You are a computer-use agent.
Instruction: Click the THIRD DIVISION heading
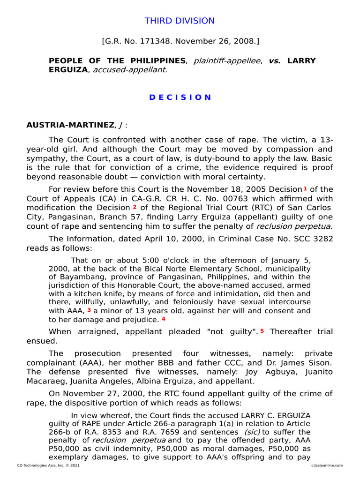click(x=180, y=21)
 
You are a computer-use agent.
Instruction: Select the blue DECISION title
click(x=180, y=97)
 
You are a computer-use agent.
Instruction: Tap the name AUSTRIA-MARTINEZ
click(x=69, y=126)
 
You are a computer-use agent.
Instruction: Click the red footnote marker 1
click(x=305, y=188)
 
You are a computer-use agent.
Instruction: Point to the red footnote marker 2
click(x=135, y=207)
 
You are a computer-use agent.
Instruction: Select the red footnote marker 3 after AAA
click(x=89, y=310)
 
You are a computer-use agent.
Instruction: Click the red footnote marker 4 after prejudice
click(x=164, y=319)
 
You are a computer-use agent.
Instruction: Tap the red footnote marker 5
click(x=262, y=331)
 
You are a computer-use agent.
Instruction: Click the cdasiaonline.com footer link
click(x=326, y=465)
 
